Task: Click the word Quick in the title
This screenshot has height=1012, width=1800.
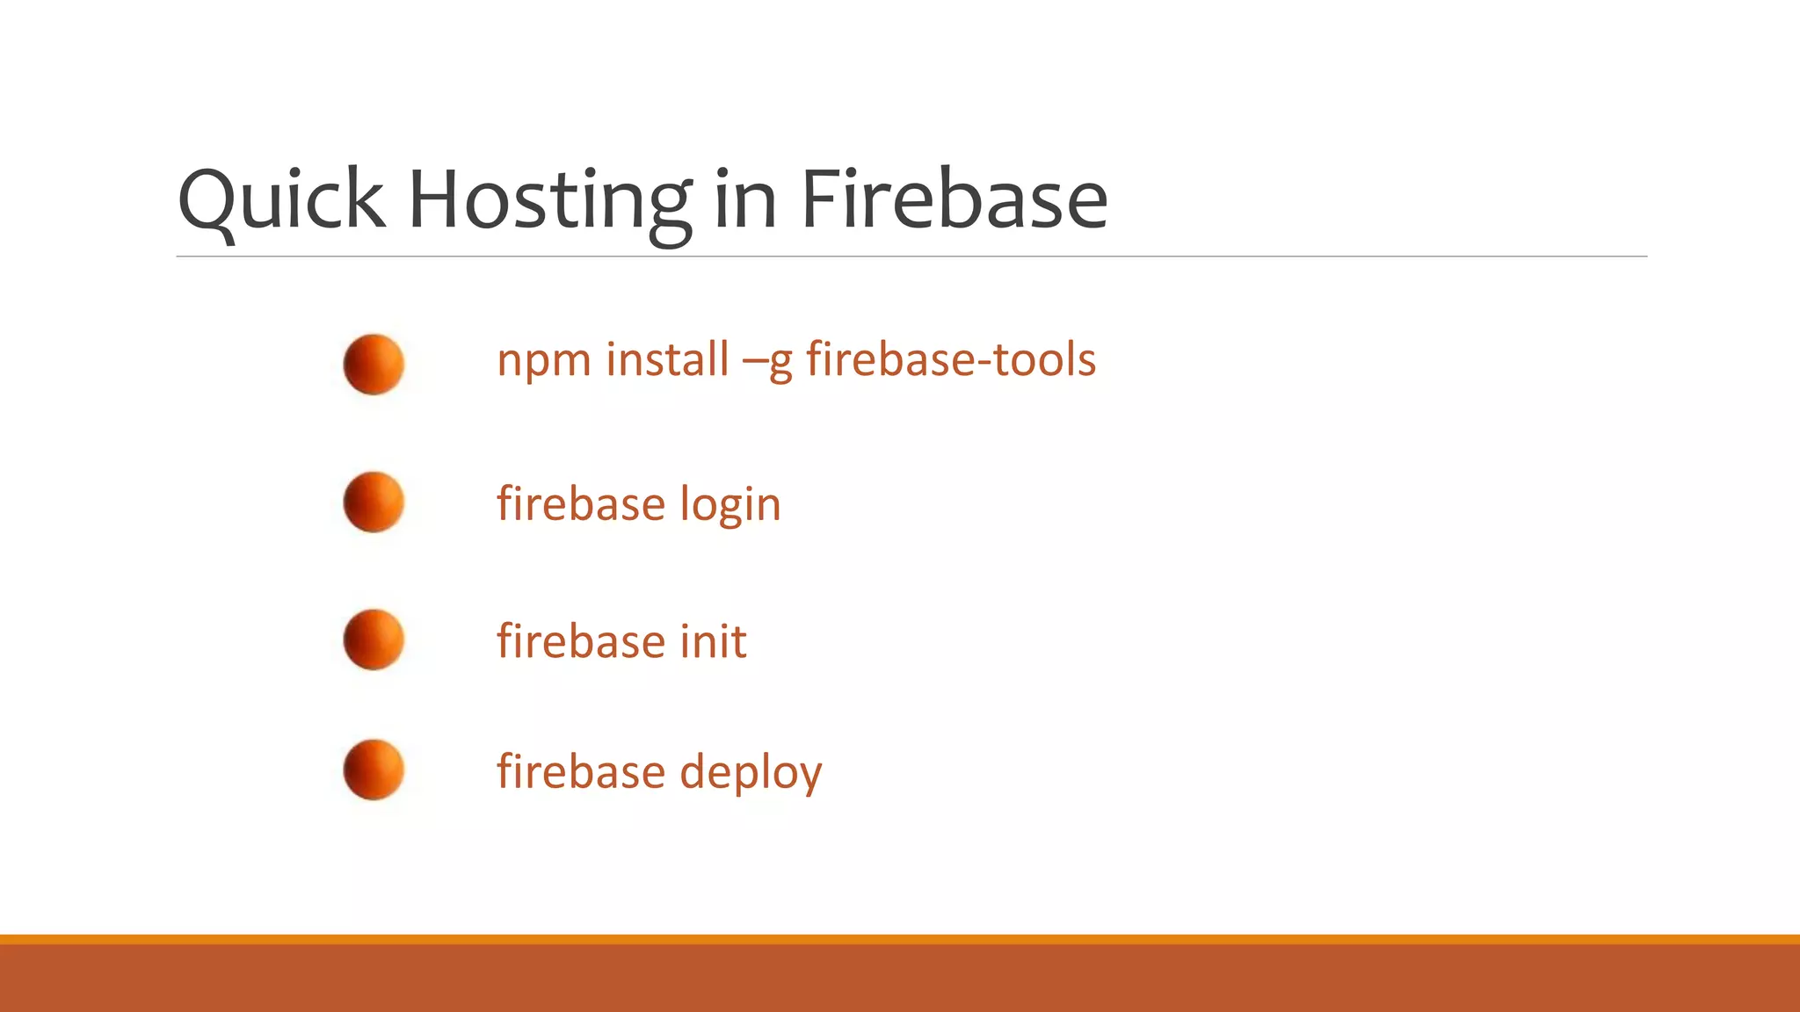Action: [x=281, y=200]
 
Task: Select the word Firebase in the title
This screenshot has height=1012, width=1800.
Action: [x=954, y=200]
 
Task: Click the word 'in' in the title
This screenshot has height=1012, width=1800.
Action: [x=745, y=200]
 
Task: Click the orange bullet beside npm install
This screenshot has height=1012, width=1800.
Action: [x=374, y=365]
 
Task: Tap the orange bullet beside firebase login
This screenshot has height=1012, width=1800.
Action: [x=374, y=502]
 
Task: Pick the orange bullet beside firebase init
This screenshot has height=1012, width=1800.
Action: [x=374, y=640]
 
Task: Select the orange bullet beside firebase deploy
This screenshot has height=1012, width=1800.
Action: [x=374, y=770]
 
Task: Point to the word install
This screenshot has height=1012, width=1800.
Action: [x=668, y=359]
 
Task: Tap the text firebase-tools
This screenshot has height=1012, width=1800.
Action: [x=951, y=359]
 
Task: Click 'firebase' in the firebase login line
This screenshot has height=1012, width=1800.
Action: [x=581, y=504]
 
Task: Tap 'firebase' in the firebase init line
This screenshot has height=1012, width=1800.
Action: [x=581, y=641]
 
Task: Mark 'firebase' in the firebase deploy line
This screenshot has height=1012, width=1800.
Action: [x=581, y=771]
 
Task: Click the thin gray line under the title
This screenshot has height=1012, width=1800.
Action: [x=911, y=257]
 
